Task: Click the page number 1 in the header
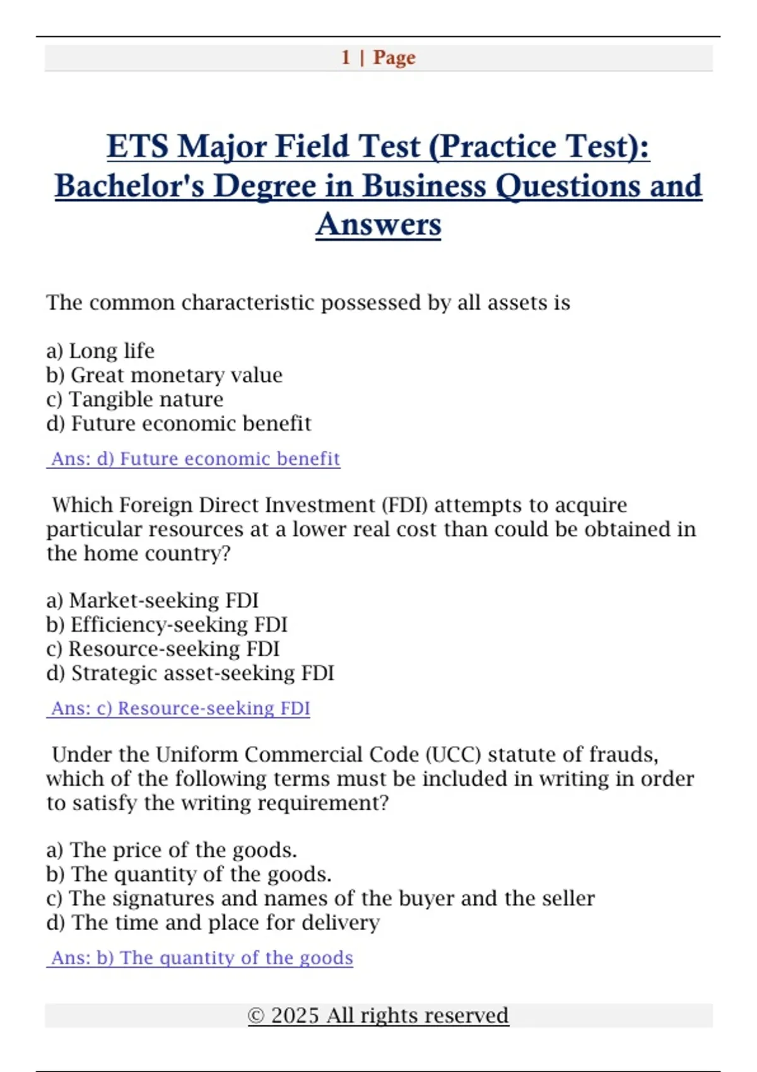point(346,57)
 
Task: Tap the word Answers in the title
point(378,224)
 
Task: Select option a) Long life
point(100,351)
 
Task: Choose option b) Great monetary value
point(164,375)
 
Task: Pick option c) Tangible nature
point(134,399)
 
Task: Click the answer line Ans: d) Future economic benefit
point(195,458)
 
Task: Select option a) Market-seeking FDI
point(152,600)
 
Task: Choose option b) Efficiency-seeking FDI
point(167,624)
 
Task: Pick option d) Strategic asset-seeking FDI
point(190,673)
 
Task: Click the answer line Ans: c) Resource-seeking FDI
point(180,708)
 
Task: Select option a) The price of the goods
point(171,850)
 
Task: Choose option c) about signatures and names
point(320,899)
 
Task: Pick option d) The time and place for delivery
point(213,923)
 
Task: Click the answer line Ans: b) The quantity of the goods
point(201,958)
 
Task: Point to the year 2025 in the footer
point(295,1016)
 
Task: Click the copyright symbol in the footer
point(255,1016)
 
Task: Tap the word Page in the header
point(394,57)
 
